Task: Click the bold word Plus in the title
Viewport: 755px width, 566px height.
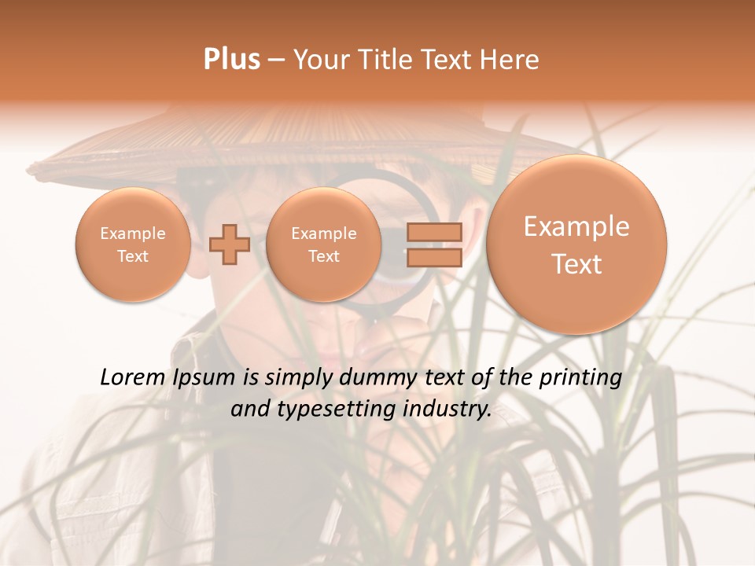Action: click(x=231, y=60)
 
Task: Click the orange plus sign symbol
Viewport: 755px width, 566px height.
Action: click(x=230, y=244)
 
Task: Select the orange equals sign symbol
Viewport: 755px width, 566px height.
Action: click(x=433, y=244)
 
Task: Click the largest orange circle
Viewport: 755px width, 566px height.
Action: click(x=576, y=244)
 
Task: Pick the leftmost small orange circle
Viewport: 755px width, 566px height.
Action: click(x=133, y=244)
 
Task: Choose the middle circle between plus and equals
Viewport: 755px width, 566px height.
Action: click(x=324, y=244)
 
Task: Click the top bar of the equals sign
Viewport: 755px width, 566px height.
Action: click(x=433, y=232)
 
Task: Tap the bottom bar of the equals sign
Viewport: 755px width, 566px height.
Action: click(x=433, y=258)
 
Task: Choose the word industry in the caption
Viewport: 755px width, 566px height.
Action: click(x=446, y=410)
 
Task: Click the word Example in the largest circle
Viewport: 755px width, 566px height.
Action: click(x=576, y=226)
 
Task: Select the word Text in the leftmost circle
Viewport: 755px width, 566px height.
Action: click(x=133, y=256)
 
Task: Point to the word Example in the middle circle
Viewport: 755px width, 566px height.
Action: click(x=324, y=233)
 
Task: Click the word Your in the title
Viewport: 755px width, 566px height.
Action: click(x=321, y=60)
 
